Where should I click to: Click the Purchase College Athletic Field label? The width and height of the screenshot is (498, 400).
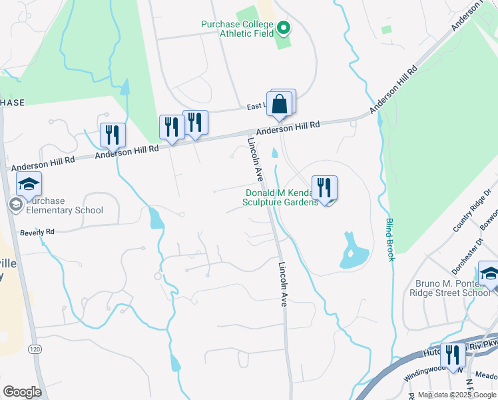point(238,29)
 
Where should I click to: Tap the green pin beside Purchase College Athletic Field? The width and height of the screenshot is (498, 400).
point(283,28)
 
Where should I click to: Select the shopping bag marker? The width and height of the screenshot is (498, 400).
point(280,104)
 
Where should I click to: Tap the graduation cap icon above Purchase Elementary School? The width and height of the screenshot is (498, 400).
point(29,184)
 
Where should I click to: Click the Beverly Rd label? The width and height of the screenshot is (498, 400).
point(37,233)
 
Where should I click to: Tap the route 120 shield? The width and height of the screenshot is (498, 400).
point(35,349)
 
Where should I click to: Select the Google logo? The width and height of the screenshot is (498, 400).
point(22,392)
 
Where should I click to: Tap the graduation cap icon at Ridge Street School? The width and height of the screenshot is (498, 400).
point(489,273)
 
